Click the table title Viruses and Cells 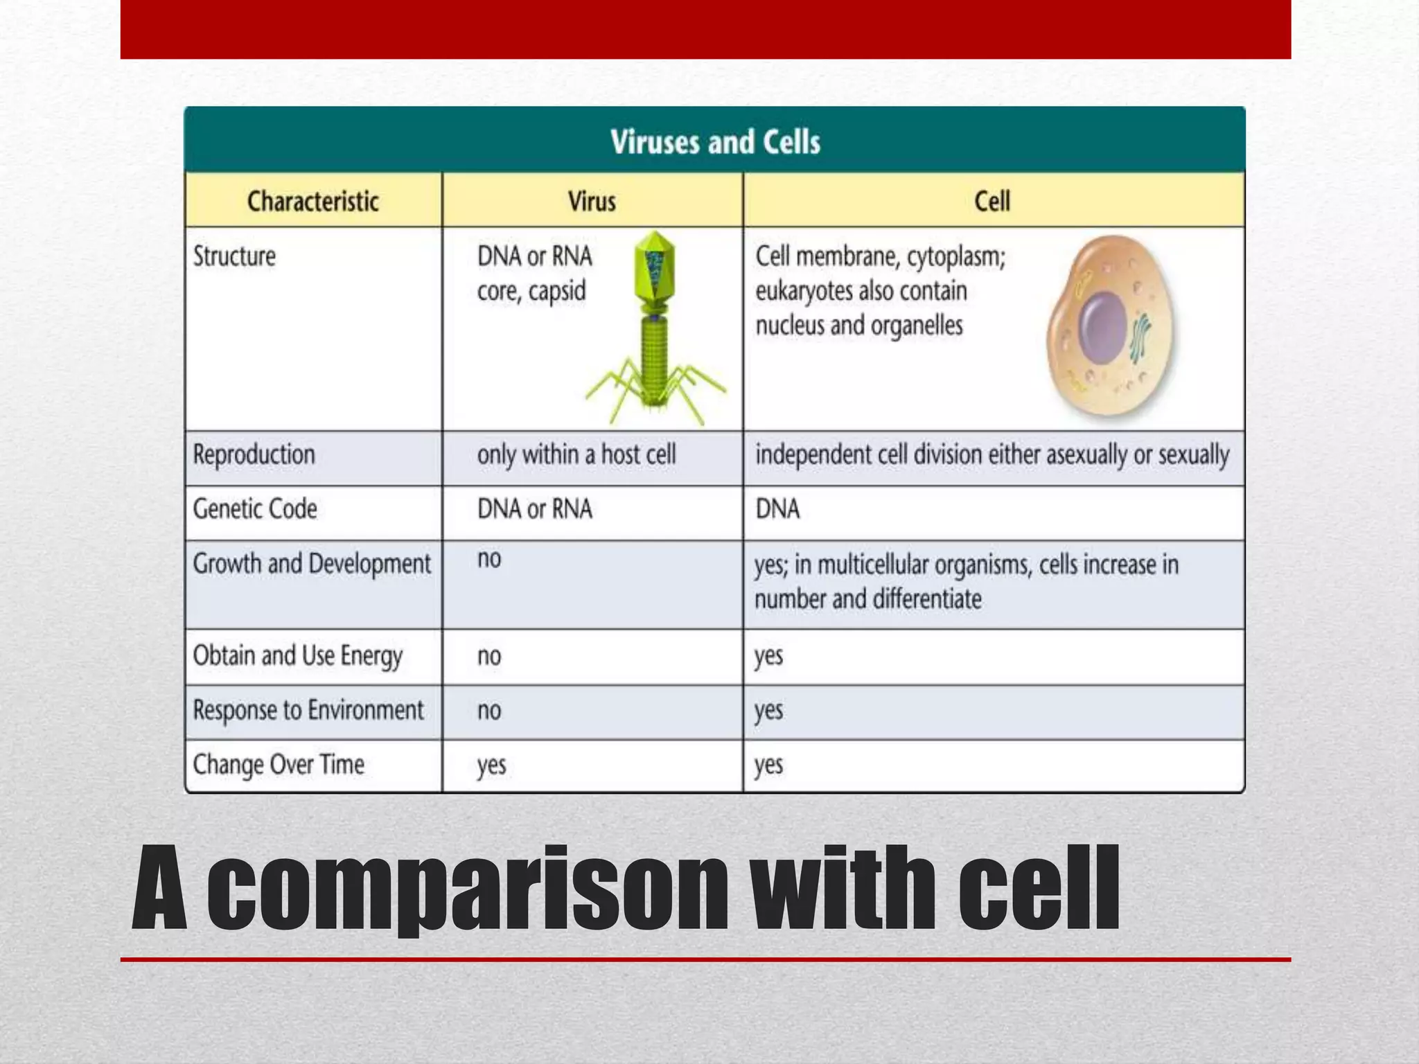pyautogui.click(x=715, y=142)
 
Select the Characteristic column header pyautogui.click(x=313, y=202)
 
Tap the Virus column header pyautogui.click(x=592, y=202)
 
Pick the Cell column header pyautogui.click(x=992, y=202)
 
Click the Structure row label pyautogui.click(x=234, y=256)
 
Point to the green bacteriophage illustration pyautogui.click(x=655, y=332)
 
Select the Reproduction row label pyautogui.click(x=254, y=455)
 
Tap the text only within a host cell pyautogui.click(x=576, y=455)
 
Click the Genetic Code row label pyautogui.click(x=255, y=509)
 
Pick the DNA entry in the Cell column pyautogui.click(x=777, y=509)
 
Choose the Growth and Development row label pyautogui.click(x=312, y=564)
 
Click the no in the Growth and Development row pyautogui.click(x=489, y=559)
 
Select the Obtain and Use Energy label pyautogui.click(x=297, y=656)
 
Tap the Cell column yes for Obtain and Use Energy pyautogui.click(x=768, y=656)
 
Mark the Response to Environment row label pyautogui.click(x=308, y=711)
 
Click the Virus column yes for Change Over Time pyautogui.click(x=491, y=765)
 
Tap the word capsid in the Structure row pyautogui.click(x=557, y=291)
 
